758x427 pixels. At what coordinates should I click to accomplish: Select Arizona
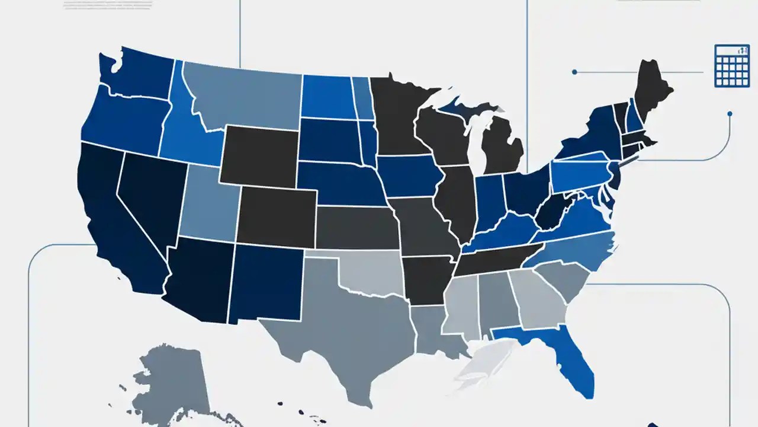click(x=198, y=279)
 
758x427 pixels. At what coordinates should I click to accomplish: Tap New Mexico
click(x=266, y=282)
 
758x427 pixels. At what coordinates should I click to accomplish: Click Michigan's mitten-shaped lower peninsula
click(x=501, y=145)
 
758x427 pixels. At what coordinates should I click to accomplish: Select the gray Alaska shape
click(x=172, y=380)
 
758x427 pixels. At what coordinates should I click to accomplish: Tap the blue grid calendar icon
click(x=732, y=66)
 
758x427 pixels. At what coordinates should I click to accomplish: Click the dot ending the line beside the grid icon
click(x=574, y=72)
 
